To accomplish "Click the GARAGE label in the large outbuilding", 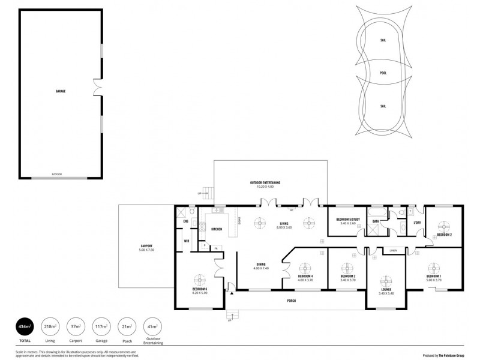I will [x=61, y=91].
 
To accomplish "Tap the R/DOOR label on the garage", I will [x=57, y=174].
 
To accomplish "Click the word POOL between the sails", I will [x=383, y=73].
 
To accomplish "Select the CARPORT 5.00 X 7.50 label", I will [x=146, y=247].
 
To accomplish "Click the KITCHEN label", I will [x=217, y=229].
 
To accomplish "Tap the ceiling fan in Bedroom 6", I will [x=200, y=279].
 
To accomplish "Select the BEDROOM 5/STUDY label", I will [x=347, y=221].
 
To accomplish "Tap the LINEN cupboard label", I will [x=393, y=250].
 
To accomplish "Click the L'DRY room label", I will [x=417, y=223].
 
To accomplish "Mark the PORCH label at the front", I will [x=291, y=300].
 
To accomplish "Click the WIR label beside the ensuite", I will [x=187, y=241].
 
